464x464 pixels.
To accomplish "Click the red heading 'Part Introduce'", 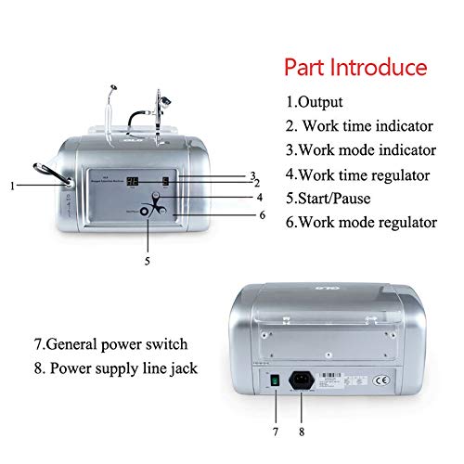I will coord(355,68).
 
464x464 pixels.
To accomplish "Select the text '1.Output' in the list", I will coord(316,101).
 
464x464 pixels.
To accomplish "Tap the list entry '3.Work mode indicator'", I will coord(360,149).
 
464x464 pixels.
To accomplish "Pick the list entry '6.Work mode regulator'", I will coord(361,221).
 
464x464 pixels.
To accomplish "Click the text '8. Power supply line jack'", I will coord(119,367).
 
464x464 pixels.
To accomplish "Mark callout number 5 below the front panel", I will coord(147,261).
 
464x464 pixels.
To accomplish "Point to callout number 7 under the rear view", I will coord(276,432).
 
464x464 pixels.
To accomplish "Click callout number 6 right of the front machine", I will coord(263,215).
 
